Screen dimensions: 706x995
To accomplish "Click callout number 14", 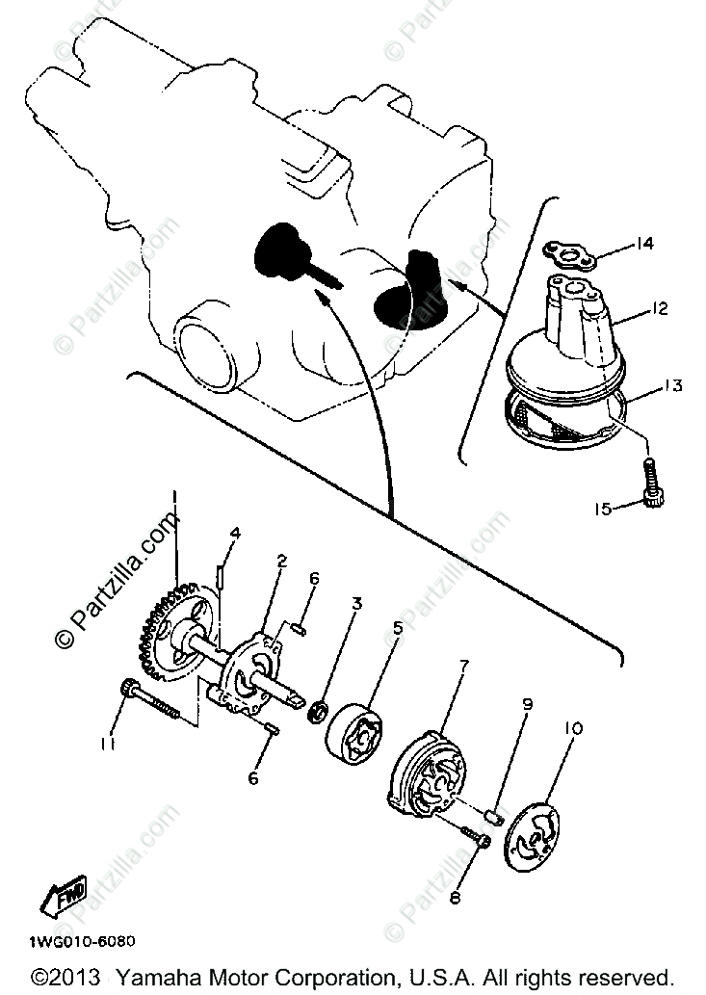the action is pos(644,244).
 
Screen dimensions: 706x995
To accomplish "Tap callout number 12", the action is pos(658,310).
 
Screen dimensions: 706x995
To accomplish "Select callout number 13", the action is pos(671,386).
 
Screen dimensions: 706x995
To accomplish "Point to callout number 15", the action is pos(604,509).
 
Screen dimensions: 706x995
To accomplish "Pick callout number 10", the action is pos(573,730).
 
